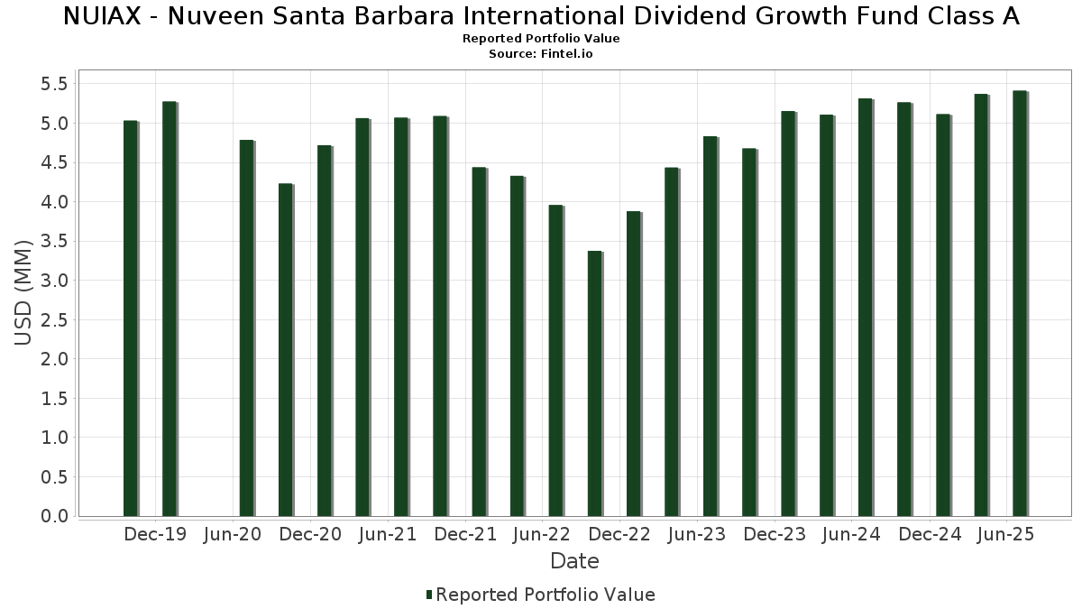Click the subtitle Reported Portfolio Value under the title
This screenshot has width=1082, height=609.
click(541, 39)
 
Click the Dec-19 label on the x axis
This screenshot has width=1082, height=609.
click(156, 535)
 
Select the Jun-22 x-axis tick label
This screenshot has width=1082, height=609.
click(542, 535)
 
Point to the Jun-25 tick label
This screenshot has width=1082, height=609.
click(1005, 535)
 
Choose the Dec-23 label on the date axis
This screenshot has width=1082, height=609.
click(775, 535)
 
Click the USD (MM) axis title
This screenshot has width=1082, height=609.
click(24, 292)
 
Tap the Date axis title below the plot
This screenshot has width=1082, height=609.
click(574, 561)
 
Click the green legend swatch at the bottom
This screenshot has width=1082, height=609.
click(429, 595)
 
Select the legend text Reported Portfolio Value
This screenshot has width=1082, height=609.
click(546, 595)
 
